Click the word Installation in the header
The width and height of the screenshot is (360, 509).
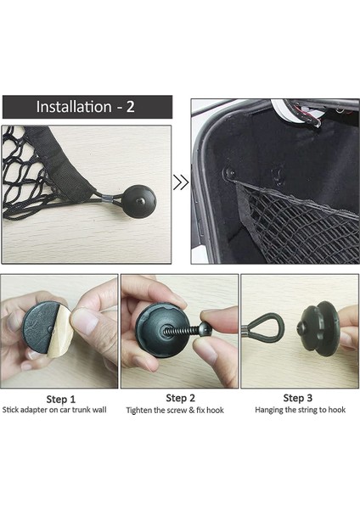(74, 107)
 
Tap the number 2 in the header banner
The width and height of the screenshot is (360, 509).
(130, 107)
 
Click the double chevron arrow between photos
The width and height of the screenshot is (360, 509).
(181, 182)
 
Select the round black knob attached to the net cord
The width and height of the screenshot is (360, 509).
(140, 202)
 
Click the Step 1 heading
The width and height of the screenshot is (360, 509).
(61, 399)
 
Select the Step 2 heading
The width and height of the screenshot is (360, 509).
(180, 398)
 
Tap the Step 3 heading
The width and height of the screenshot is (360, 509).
(297, 398)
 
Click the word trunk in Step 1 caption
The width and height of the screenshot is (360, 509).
(81, 410)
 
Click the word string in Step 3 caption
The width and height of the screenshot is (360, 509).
(308, 410)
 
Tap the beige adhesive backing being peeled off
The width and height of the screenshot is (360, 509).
(59, 331)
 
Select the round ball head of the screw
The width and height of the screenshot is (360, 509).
(205, 329)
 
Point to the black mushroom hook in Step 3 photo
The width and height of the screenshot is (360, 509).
(315, 327)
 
